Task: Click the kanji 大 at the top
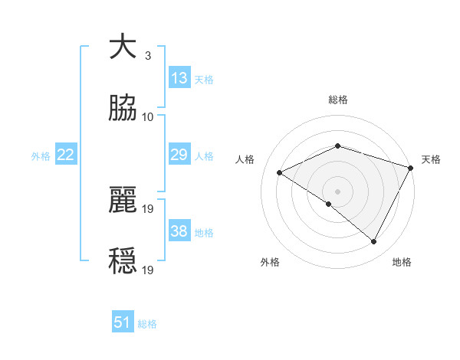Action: coord(123,47)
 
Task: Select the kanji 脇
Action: coord(123,109)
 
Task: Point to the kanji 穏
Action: coord(123,261)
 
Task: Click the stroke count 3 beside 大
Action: coord(147,56)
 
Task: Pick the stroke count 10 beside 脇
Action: coord(148,117)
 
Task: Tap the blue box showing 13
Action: coord(179,77)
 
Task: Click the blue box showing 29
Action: coord(179,155)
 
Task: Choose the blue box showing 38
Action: coord(179,231)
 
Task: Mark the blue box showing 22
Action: coord(66,155)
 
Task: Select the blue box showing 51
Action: coord(123,322)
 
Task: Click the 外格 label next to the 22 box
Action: coord(41,155)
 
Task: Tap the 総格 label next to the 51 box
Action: coord(147,324)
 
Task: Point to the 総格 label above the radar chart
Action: coord(338,100)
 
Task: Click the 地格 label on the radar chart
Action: coord(402,262)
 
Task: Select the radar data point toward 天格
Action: coord(411,167)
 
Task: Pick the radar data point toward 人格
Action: coord(280,173)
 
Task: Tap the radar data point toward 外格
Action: coord(329,204)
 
